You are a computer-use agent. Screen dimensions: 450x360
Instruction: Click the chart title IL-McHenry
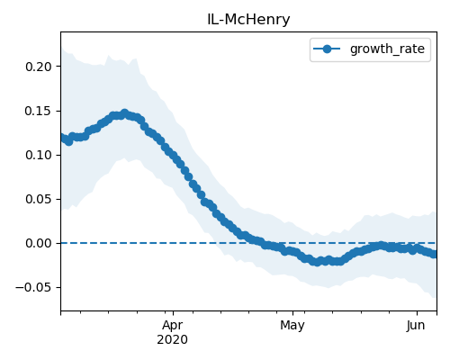click(x=248, y=20)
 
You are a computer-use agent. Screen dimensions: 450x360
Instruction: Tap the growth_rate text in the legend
click(x=387, y=49)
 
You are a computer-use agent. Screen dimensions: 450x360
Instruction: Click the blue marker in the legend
click(x=327, y=49)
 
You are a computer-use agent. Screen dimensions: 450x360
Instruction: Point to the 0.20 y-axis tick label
click(x=39, y=67)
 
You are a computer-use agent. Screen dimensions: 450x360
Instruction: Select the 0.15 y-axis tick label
click(x=39, y=112)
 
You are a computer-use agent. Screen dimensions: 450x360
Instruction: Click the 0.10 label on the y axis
click(x=39, y=156)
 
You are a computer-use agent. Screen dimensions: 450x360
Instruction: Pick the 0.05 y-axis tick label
click(x=39, y=200)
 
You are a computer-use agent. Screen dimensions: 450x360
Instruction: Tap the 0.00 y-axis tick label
click(x=39, y=244)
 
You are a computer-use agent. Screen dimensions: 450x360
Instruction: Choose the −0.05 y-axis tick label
click(x=34, y=288)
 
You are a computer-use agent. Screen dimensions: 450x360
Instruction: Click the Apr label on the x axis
click(x=173, y=326)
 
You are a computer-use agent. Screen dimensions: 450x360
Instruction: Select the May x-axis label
click(x=292, y=326)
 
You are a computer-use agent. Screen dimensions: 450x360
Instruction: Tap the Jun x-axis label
click(x=416, y=326)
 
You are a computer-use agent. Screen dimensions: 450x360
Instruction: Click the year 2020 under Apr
click(x=173, y=339)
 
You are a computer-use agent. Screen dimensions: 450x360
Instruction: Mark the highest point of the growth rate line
click(x=124, y=113)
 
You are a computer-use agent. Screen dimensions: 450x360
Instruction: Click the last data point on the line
click(x=434, y=254)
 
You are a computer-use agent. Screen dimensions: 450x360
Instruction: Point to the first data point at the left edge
click(x=63, y=138)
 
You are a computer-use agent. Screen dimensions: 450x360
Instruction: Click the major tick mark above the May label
click(x=292, y=313)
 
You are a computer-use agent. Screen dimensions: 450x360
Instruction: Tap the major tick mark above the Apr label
click(x=173, y=313)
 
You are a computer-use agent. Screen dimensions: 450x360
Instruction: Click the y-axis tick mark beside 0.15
click(x=58, y=111)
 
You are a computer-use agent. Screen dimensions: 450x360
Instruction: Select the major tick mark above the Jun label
click(x=417, y=313)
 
